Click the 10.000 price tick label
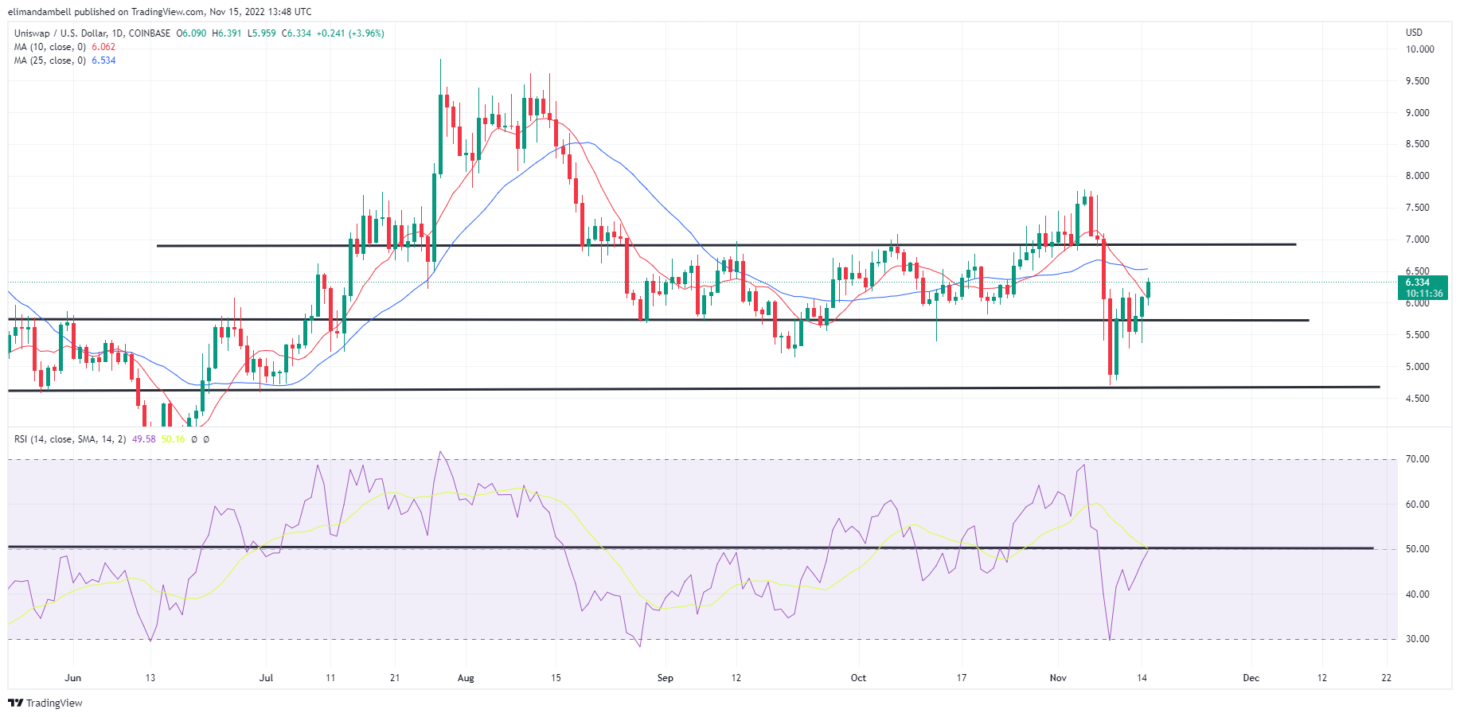1419,49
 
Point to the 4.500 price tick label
1417,399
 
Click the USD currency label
1414,33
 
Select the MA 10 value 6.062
103,47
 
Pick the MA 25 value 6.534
103,60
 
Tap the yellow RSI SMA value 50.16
173,439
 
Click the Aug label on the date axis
466,678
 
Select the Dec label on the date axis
1251,678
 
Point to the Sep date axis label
665,678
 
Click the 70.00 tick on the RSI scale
1418,459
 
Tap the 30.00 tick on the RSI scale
1418,639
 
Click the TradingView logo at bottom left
45,703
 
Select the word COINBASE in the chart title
149,33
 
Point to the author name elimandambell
39,12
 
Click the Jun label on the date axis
72,678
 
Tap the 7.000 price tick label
1417,240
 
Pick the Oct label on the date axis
858,678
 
